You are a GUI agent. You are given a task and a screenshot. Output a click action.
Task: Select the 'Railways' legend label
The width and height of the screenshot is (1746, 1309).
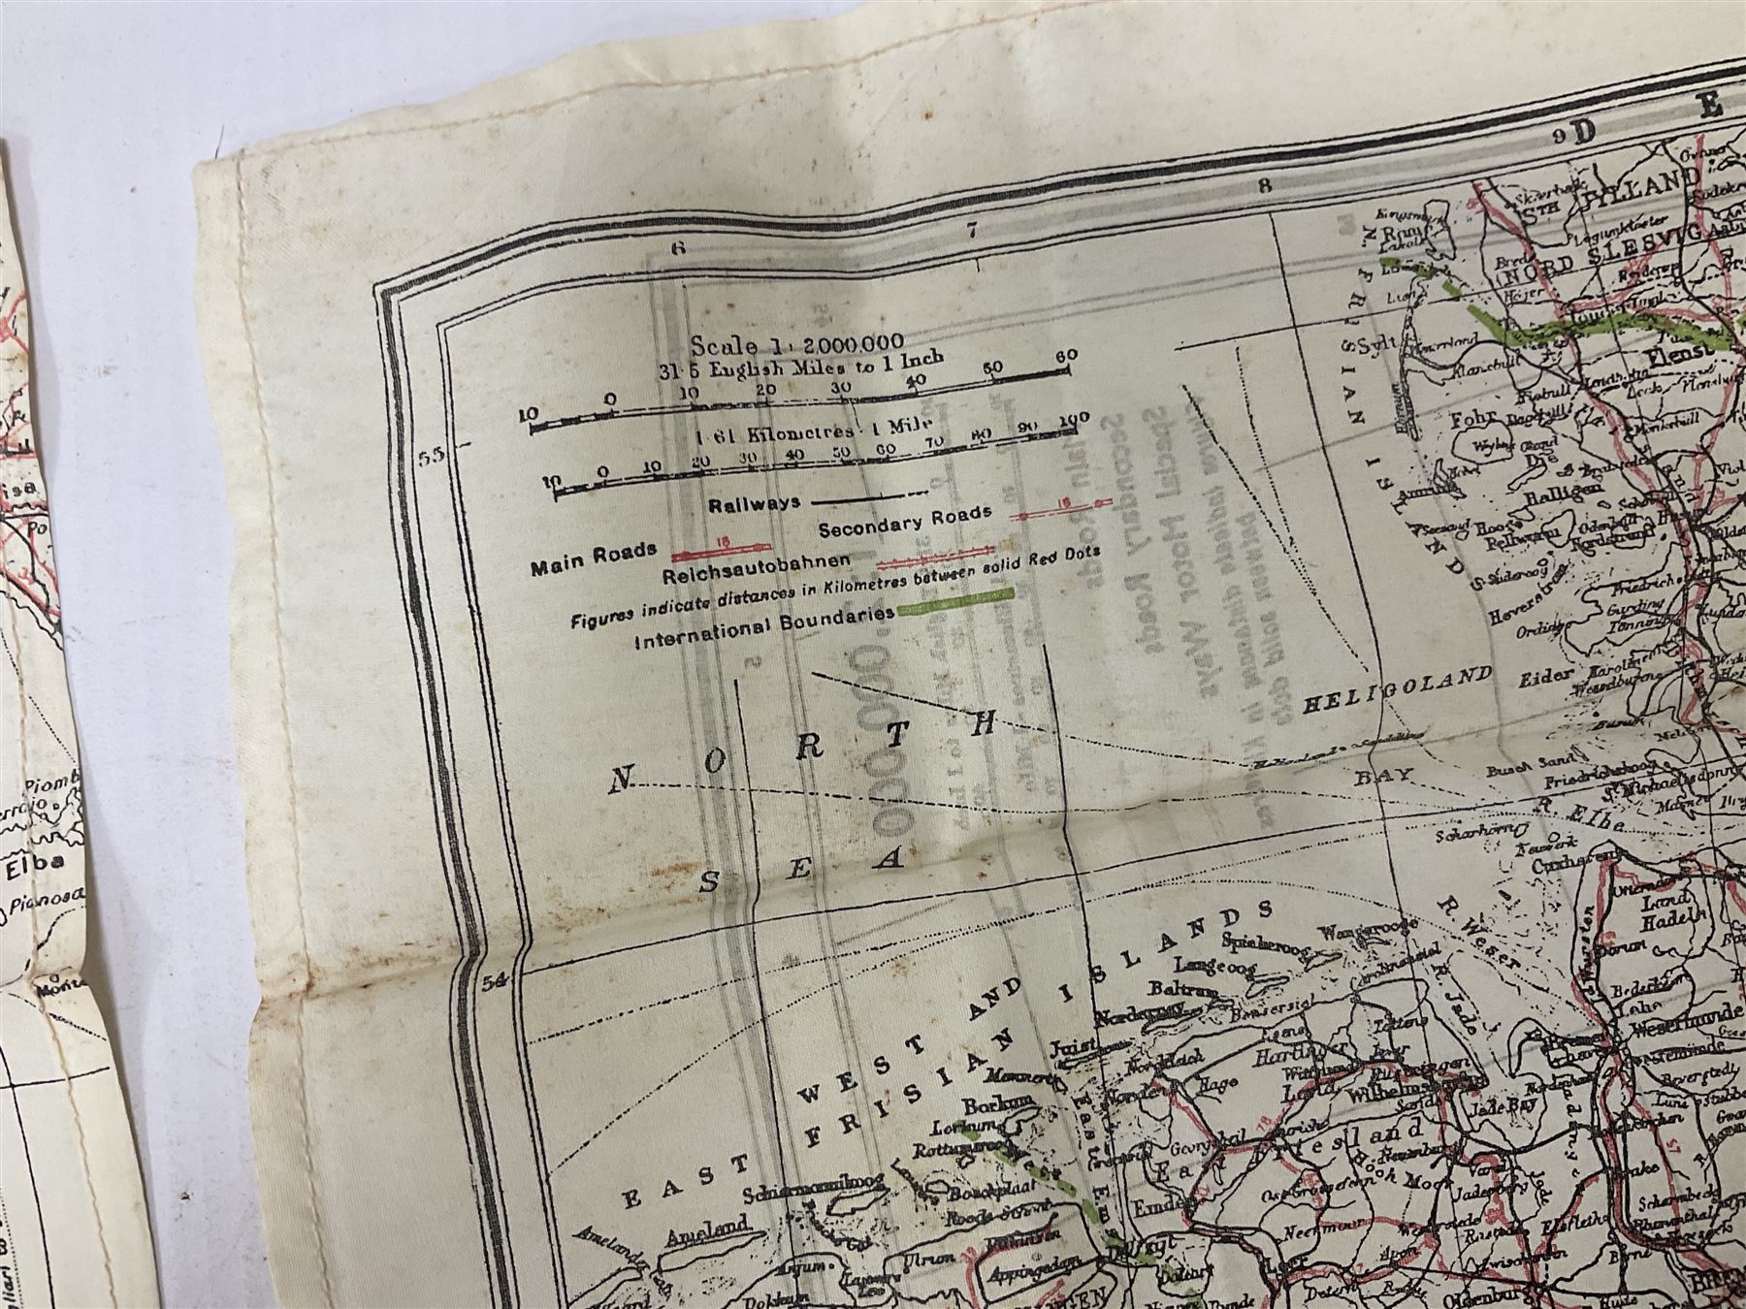tap(755, 504)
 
